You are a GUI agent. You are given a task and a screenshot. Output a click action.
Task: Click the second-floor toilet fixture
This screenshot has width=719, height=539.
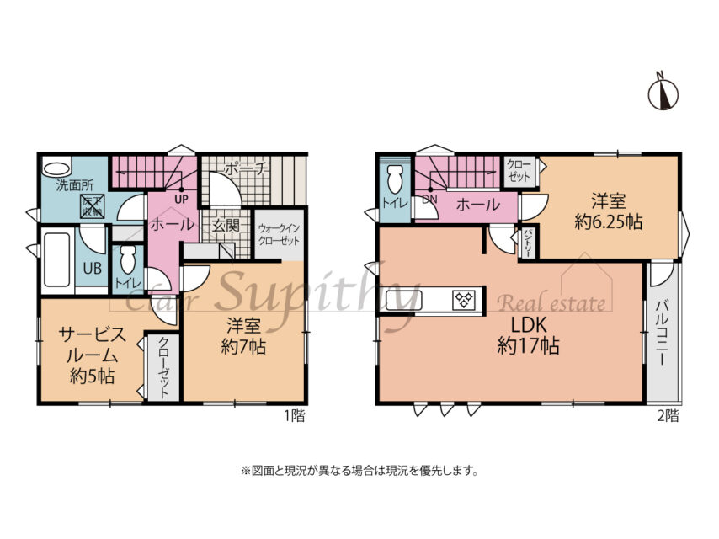coord(393,180)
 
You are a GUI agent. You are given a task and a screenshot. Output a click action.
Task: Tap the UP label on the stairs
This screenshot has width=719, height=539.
coord(180,199)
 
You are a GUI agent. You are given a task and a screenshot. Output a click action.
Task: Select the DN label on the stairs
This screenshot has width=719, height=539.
coord(430,200)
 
